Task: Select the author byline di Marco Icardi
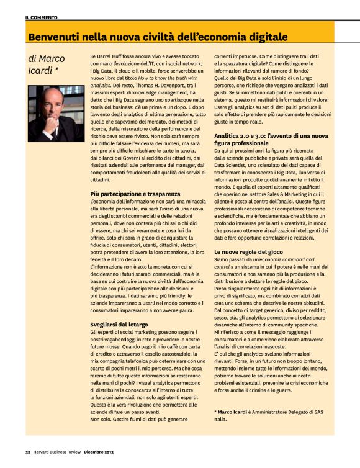[46, 65]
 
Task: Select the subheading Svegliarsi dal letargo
[116, 325]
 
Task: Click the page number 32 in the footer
[28, 452]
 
